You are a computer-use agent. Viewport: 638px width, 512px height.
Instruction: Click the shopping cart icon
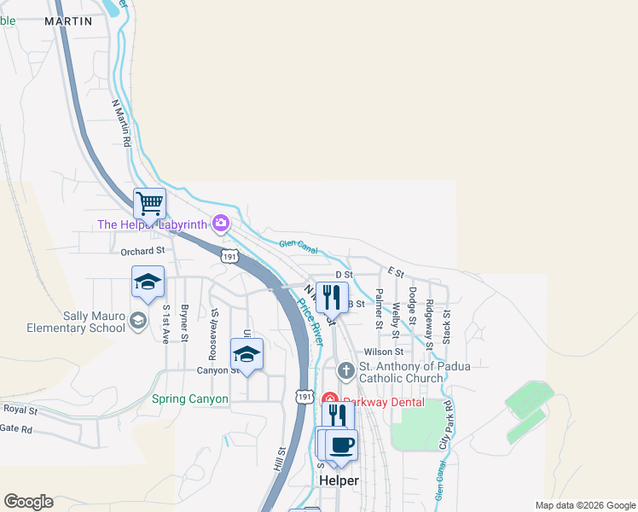(149, 203)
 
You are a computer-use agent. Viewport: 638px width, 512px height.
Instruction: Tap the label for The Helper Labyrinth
(154, 224)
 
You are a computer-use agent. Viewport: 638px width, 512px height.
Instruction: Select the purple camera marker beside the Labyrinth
(221, 223)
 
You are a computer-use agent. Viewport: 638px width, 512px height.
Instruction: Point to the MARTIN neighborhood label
(67, 21)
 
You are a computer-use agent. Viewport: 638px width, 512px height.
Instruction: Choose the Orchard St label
(142, 251)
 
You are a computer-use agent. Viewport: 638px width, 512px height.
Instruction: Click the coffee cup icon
(341, 445)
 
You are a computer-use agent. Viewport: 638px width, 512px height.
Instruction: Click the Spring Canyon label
(190, 399)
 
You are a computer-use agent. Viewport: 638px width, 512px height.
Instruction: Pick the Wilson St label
(383, 352)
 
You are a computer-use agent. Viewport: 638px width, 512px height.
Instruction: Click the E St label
(395, 271)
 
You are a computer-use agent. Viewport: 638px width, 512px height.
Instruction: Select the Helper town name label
(339, 480)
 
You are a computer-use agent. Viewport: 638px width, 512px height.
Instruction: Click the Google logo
(28, 502)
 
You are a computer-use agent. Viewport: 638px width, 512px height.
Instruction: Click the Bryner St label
(184, 323)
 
